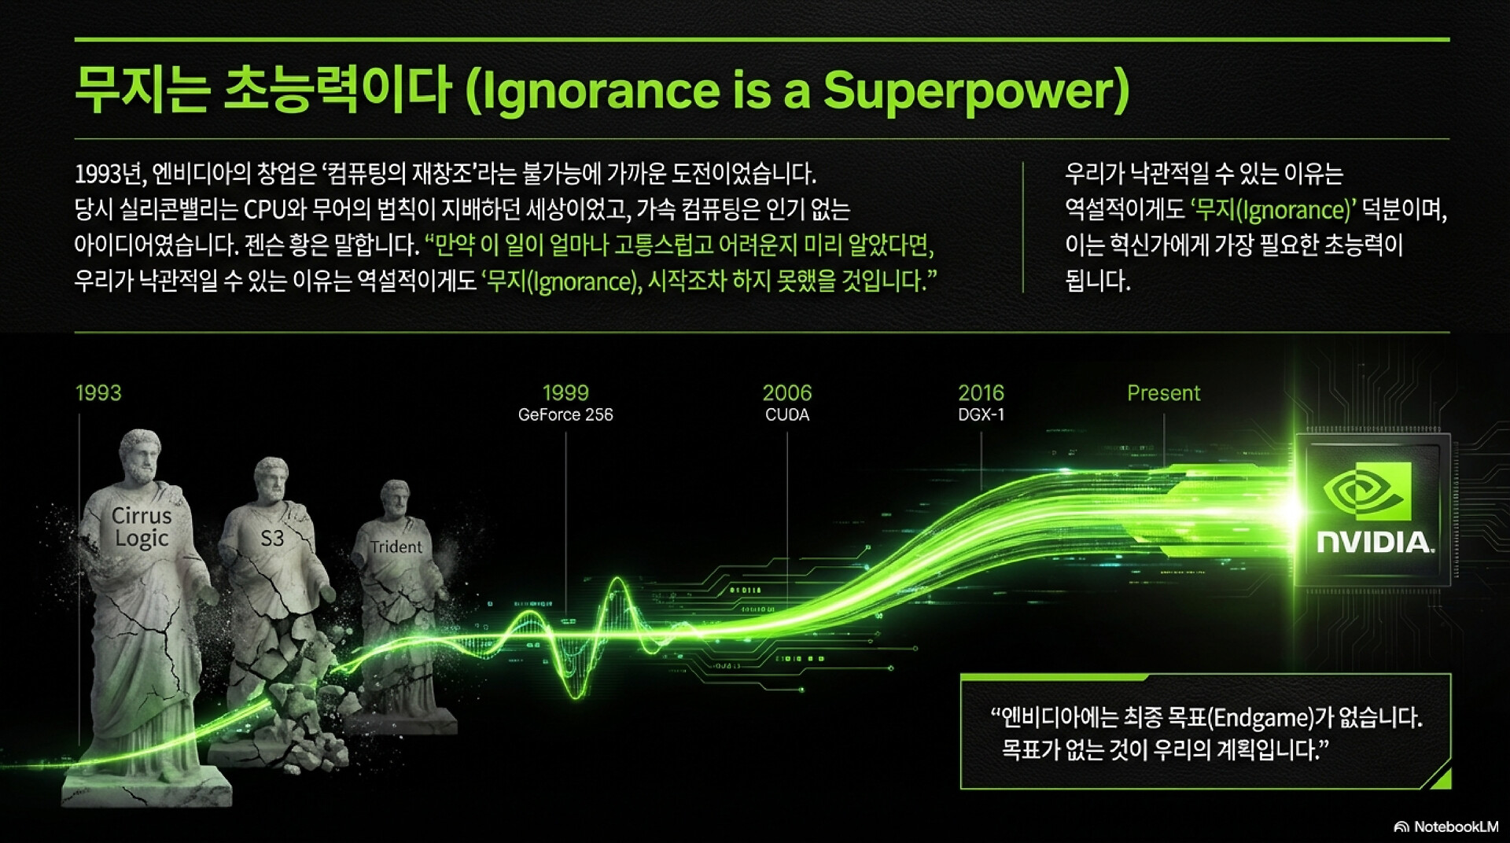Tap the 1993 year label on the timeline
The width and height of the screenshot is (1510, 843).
[98, 393]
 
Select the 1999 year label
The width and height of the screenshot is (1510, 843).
[565, 393]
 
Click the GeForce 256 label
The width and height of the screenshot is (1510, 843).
[565, 414]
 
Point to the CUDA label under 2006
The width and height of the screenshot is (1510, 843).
[787, 414]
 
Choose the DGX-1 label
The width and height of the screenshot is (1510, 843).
[981, 414]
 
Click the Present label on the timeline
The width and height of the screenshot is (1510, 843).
[1164, 393]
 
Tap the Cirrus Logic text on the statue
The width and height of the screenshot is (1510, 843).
[142, 527]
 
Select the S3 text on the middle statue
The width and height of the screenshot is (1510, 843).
[272, 538]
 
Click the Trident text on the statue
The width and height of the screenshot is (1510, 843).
[396, 547]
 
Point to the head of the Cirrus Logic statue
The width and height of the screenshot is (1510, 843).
[140, 455]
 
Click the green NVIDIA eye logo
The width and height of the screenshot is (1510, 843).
[1367, 491]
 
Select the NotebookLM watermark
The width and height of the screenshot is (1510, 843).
[1446, 826]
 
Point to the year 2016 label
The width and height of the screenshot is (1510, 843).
[981, 393]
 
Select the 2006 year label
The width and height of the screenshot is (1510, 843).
[787, 393]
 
